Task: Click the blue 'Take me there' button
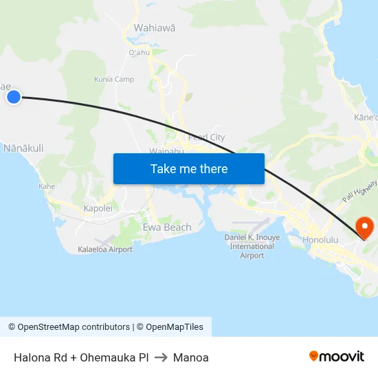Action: (189, 168)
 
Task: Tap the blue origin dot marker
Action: (14, 97)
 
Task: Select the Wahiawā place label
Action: (155, 27)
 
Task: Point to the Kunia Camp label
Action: (114, 79)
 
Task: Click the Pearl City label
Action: (206, 137)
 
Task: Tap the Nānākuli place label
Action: (23, 148)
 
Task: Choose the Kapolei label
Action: (98, 208)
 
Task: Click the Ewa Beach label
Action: (167, 227)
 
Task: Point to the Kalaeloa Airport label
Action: (105, 249)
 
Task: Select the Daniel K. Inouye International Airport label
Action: (252, 246)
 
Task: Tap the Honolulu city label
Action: (321, 240)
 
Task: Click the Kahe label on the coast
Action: (47, 186)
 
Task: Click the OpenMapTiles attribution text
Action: (169, 327)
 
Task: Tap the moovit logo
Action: (336, 356)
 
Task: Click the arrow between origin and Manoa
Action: (161, 357)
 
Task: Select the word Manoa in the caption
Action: (191, 357)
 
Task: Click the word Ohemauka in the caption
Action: (109, 357)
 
